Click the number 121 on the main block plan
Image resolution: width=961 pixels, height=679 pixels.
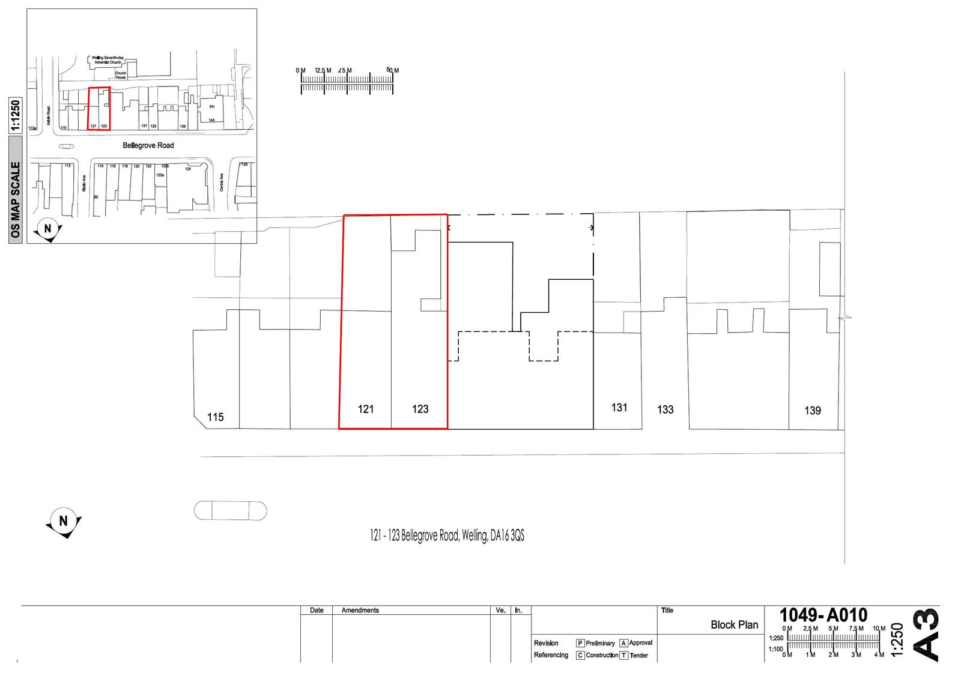click(366, 409)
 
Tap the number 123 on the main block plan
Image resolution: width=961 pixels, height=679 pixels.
click(420, 409)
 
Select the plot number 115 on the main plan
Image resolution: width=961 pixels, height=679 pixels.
click(215, 417)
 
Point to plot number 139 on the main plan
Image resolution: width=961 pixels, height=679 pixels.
click(813, 411)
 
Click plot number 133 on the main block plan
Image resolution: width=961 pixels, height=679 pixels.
click(665, 410)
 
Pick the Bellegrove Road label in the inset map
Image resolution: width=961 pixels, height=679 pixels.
click(148, 145)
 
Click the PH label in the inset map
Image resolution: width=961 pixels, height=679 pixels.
click(211, 107)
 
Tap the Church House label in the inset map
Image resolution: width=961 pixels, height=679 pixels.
click(121, 75)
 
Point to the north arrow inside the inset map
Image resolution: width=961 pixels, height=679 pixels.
click(48, 229)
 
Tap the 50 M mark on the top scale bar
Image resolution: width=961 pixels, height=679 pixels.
click(392, 71)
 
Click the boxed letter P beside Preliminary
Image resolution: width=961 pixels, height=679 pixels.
click(580, 643)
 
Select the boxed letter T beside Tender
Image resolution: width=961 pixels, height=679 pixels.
click(624, 656)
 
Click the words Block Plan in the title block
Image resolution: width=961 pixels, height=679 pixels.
click(734, 625)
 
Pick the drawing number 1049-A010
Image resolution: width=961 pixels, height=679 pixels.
click(823, 615)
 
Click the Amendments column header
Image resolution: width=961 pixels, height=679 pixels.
click(360, 611)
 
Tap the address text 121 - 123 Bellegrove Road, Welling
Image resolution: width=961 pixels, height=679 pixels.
click(447, 536)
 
